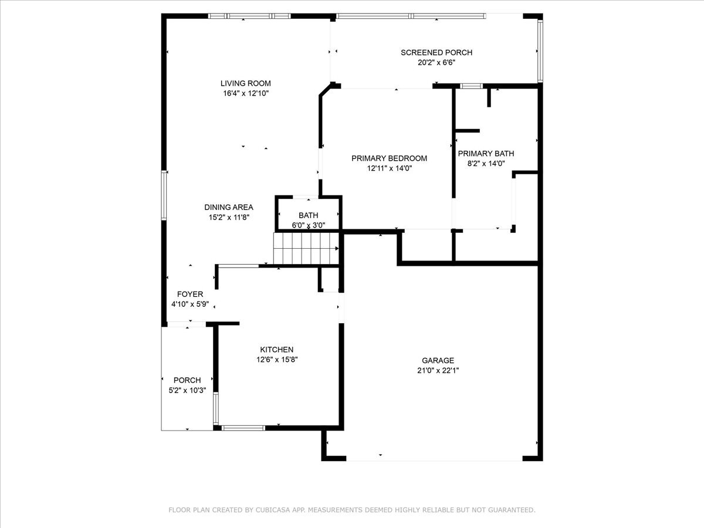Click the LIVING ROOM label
tap(245, 83)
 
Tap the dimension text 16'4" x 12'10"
tap(245, 93)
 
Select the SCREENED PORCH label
tap(436, 52)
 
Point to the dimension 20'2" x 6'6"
tap(436, 62)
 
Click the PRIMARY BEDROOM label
tap(389, 158)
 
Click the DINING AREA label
tap(229, 207)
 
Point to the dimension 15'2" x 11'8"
tap(229, 217)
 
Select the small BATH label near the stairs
tap(308, 215)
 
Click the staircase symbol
tap(306, 248)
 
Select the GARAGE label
tap(438, 360)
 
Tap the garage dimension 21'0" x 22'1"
tap(438, 370)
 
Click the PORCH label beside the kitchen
tap(187, 380)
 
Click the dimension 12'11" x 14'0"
tap(389, 168)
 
